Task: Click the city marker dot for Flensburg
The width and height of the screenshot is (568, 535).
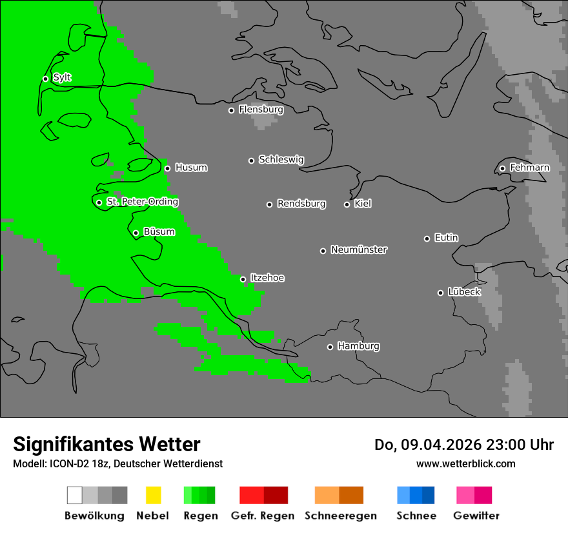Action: coord(231,110)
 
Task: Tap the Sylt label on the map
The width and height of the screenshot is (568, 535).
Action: coord(62,78)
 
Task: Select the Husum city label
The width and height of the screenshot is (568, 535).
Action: coord(191,168)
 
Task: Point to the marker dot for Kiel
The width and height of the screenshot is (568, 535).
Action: coord(347,204)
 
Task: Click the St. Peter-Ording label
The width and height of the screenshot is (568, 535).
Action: coord(142,202)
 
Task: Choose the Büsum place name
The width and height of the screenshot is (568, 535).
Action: coord(159,232)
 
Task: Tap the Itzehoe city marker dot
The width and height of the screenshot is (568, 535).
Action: coord(243,279)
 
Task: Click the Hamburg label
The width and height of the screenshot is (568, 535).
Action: coord(358,346)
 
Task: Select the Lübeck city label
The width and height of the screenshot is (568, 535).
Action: coord(463,292)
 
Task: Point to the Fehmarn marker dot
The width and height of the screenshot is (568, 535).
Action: coord(502,169)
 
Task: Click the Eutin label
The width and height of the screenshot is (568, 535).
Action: coord(446,238)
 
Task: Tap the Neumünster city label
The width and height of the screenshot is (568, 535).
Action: coord(359,249)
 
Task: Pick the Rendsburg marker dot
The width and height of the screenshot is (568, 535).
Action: coord(269,204)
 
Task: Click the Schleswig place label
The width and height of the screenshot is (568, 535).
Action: coord(281,160)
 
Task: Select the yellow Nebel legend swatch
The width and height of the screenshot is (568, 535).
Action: coord(153,495)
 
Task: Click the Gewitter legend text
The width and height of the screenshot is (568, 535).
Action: coord(476,516)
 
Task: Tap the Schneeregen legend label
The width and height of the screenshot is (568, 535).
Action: coord(340,516)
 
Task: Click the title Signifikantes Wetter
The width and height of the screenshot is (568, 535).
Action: coord(107,444)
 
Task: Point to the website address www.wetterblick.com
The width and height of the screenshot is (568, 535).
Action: coord(465,463)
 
